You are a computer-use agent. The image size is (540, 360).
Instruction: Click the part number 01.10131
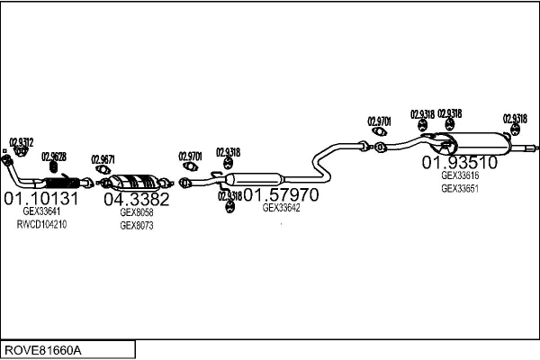41,198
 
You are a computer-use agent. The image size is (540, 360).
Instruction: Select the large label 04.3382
136,199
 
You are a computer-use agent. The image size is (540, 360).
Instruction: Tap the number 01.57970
281,193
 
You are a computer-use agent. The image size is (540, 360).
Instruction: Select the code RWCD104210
41,224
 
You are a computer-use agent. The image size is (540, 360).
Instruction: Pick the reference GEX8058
137,213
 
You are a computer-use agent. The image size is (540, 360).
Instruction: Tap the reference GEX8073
137,226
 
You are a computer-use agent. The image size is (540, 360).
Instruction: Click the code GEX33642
281,208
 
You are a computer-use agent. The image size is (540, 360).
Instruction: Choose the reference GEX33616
459,176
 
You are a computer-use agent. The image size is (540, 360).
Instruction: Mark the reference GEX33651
459,189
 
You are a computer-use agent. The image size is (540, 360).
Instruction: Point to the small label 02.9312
22,141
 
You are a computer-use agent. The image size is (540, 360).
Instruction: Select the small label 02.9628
54,157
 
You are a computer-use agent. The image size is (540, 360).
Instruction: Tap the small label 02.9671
103,159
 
